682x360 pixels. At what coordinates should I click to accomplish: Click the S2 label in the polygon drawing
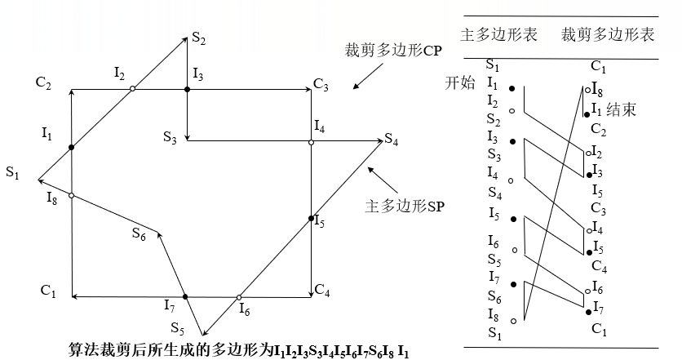pyautogui.click(x=199, y=38)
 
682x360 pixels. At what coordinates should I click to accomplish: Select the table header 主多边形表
pyautogui.click(x=498, y=36)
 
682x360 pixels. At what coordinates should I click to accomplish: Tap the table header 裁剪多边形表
pyautogui.click(x=608, y=36)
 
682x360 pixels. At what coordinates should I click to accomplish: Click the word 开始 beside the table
pyautogui.click(x=458, y=83)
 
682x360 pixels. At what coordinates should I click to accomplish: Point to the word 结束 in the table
pyautogui.click(x=622, y=109)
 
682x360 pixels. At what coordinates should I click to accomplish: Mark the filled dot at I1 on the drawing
pyautogui.click(x=72, y=147)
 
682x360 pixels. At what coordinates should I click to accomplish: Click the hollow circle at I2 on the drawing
pyautogui.click(x=133, y=88)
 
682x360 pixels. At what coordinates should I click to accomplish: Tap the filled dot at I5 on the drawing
pyautogui.click(x=311, y=219)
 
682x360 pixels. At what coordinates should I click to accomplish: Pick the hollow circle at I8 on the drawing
pyautogui.click(x=72, y=196)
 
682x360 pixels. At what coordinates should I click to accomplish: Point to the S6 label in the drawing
pyautogui.click(x=139, y=233)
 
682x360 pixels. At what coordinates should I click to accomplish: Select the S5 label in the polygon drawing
pyautogui.click(x=178, y=330)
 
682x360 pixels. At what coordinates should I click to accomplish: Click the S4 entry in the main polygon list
pyautogui.click(x=494, y=193)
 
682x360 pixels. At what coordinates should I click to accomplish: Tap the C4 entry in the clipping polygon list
pyautogui.click(x=598, y=266)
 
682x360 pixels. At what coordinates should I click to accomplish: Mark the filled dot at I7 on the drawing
pyautogui.click(x=186, y=297)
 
